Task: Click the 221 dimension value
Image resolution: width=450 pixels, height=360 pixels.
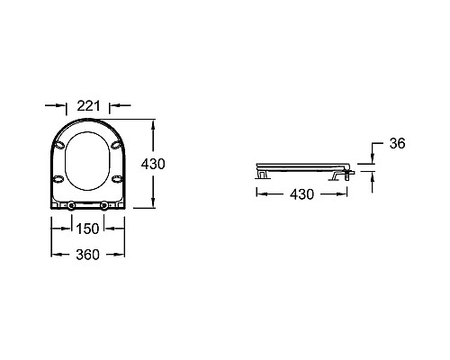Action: coord(88,105)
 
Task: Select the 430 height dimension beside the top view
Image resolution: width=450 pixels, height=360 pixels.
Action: coord(153,164)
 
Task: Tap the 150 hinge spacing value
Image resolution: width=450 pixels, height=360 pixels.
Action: coord(87,229)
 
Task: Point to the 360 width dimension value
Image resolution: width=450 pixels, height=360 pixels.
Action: coord(87,255)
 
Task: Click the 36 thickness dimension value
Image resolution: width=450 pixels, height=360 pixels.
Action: coord(397,143)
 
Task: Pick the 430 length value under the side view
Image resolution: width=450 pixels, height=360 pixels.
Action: coord(301,194)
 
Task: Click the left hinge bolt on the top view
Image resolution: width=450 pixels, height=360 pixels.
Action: coord(71,205)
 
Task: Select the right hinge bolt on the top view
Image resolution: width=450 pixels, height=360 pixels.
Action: coord(104,205)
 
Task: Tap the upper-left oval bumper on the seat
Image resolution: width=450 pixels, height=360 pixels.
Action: coord(59,145)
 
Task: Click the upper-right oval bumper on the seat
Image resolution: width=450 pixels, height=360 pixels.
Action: coord(116,145)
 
